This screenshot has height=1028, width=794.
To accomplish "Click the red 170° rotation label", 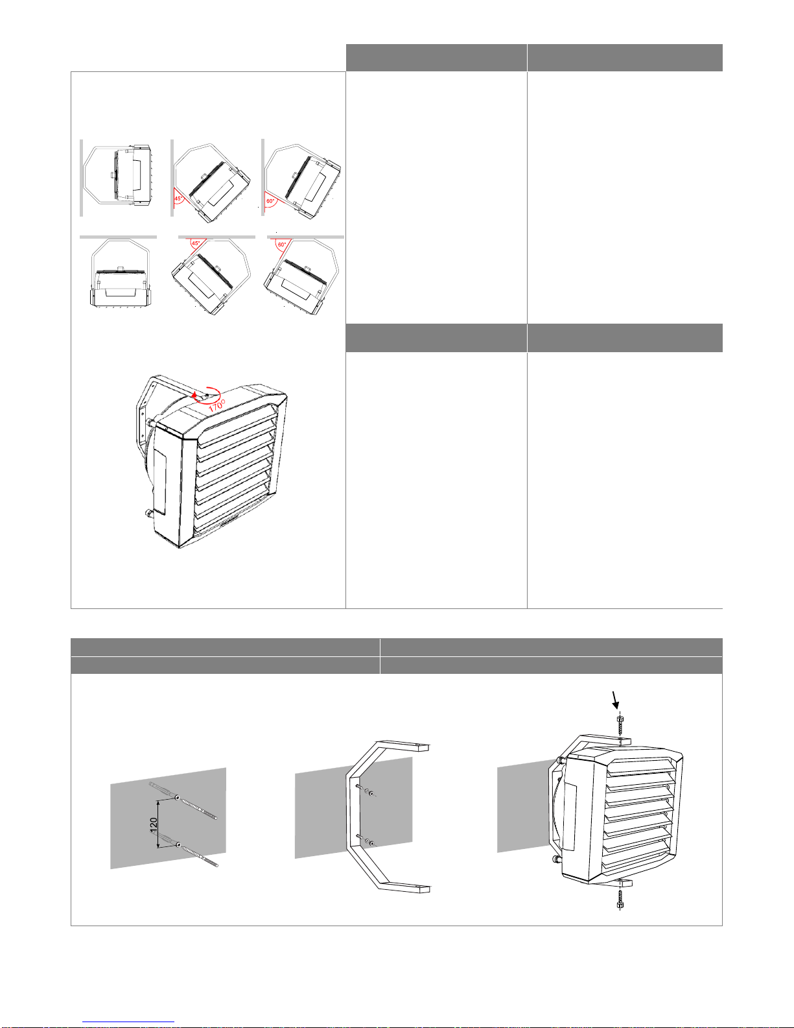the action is coord(217,405).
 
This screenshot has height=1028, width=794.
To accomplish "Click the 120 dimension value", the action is coord(153,824).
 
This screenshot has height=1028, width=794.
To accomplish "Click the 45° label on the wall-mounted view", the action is coord(178,198).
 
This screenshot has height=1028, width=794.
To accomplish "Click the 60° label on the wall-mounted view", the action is coord(270,201).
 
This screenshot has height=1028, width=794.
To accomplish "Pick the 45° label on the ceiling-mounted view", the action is coord(196,243).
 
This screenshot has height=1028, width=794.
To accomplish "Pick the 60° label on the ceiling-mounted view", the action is coord(282,245).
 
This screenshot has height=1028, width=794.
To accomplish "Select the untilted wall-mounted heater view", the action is coord(116,178).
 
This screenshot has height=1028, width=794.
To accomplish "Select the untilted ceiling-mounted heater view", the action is coord(119,272).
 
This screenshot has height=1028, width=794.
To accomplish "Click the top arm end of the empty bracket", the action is coord(423,748).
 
